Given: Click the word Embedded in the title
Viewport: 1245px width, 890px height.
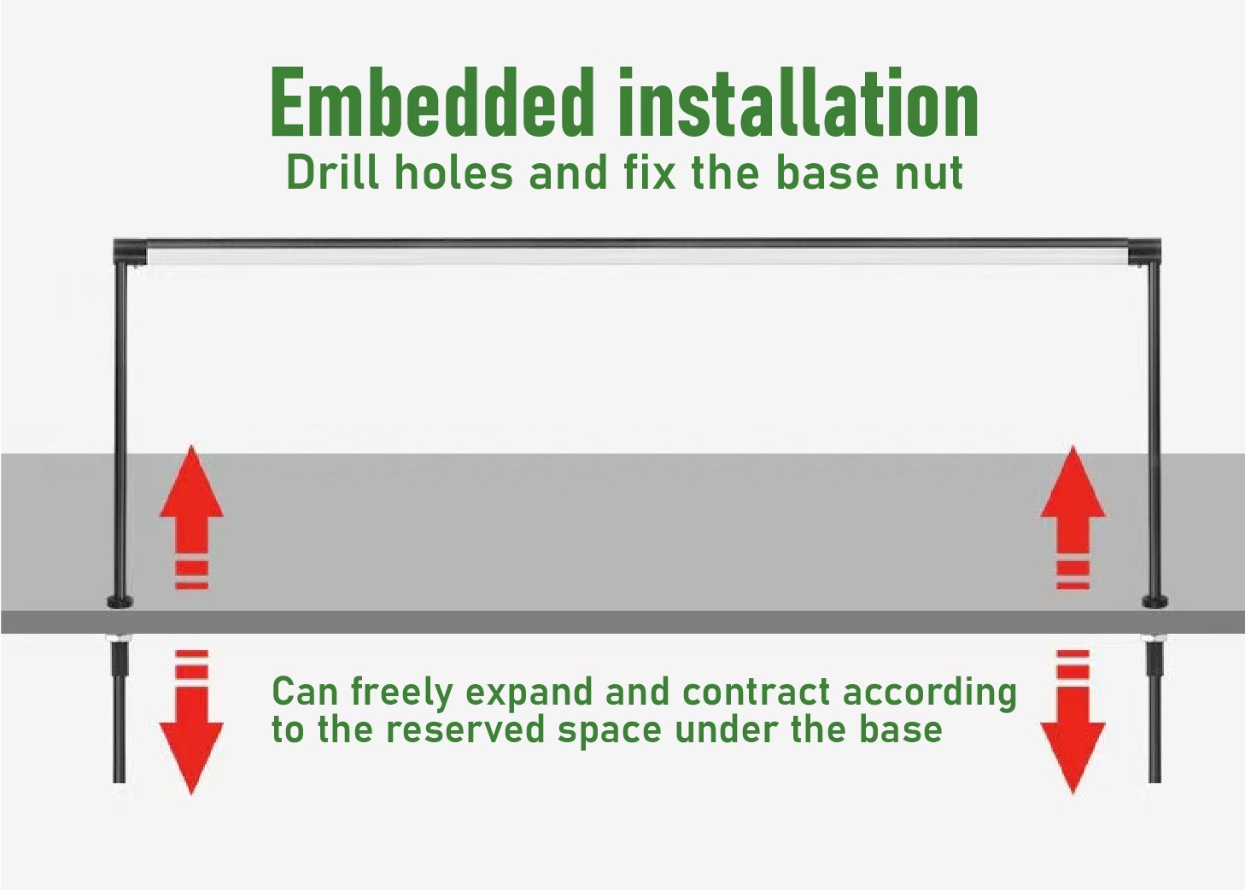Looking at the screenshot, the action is click(430, 102).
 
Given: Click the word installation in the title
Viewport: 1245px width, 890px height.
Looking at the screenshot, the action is click(798, 102).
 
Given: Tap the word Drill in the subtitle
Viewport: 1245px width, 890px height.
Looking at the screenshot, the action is click(333, 172).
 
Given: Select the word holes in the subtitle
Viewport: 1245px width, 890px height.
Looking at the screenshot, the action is click(453, 172).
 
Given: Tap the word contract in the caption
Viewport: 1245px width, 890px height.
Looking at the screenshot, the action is click(757, 692).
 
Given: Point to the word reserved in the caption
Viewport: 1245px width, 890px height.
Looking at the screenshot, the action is click(465, 729).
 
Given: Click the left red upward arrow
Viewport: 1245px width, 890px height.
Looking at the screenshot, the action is click(192, 517).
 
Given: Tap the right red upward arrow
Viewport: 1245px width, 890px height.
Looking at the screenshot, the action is click(1073, 517).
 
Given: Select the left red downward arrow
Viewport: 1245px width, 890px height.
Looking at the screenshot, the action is click(192, 722).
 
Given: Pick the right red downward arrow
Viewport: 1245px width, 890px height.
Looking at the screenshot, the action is click(1073, 722).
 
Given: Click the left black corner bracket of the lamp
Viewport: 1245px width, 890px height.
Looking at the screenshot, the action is click(130, 251).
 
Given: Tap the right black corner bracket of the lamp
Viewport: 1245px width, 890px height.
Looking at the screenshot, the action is click(1144, 251).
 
